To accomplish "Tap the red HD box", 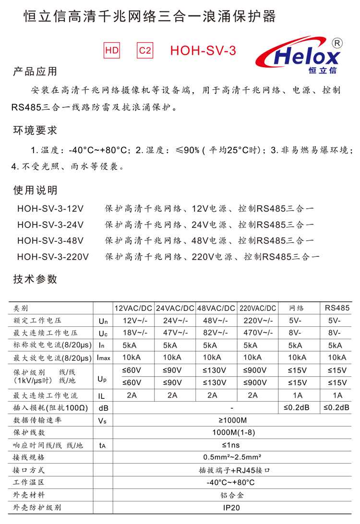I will pyautogui.click(x=112, y=50).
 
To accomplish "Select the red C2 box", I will pyautogui.click(x=145, y=50).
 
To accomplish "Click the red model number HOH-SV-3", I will pyautogui.click(x=203, y=51).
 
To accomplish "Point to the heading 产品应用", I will pyautogui.click(x=35, y=71).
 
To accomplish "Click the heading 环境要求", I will pyautogui.click(x=35, y=130).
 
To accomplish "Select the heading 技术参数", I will pyautogui.click(x=35, y=279).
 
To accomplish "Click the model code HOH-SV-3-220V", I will pyautogui.click(x=53, y=257).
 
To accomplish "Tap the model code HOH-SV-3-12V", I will pyautogui.click(x=50, y=209).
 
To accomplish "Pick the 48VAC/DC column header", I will pyautogui.click(x=216, y=308).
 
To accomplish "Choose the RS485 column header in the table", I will pyautogui.click(x=337, y=308).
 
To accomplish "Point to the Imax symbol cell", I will pyautogui.click(x=103, y=358).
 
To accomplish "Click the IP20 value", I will pyautogui.click(x=231, y=507).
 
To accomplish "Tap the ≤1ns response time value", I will pyautogui.click(x=231, y=445).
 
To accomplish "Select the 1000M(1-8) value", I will pyautogui.click(x=231, y=433).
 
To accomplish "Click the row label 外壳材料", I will pyautogui.click(x=29, y=495).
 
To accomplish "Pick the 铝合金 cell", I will pyautogui.click(x=231, y=495).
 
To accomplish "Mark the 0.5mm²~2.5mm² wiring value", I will pyautogui.click(x=231, y=457).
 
